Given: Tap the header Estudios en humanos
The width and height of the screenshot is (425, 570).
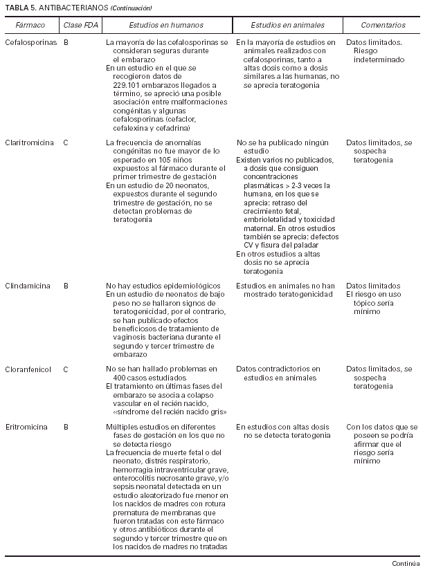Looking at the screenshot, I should coord(166,25).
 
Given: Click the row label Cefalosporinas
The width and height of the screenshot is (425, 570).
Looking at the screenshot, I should coord(30,43).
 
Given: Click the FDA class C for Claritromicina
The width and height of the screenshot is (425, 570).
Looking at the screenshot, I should coord(66,142).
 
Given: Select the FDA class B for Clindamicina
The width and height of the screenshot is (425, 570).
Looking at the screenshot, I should coord(66,286).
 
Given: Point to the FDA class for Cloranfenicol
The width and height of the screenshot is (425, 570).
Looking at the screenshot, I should coord(66,369).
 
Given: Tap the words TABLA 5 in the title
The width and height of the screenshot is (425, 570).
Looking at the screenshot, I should coord(20,8).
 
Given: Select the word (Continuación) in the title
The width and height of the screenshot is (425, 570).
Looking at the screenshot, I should coord(129,8).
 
